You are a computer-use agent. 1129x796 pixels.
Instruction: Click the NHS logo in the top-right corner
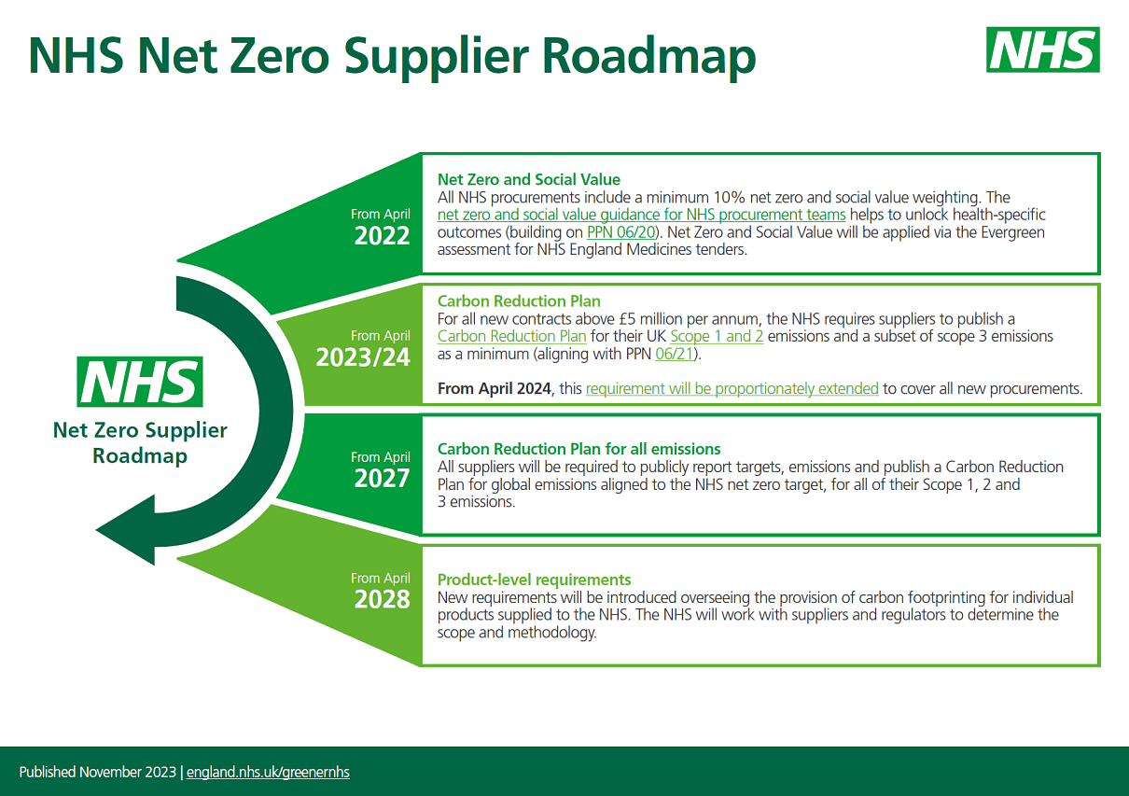1043,49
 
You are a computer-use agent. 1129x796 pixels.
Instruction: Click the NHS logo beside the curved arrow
140,382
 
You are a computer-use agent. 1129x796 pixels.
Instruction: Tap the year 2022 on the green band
382,236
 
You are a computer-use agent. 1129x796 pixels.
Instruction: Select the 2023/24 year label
363,357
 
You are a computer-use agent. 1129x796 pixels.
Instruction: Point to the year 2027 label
382,479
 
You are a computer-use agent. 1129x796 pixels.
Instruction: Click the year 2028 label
382,599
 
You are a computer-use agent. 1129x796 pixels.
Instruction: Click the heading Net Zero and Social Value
529,179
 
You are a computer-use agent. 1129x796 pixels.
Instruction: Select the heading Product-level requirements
534,580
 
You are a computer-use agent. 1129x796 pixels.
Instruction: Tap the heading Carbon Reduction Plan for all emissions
578,449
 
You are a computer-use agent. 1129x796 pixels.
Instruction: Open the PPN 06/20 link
621,232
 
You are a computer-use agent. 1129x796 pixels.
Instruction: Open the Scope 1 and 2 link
717,336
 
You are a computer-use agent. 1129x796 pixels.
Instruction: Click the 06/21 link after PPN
675,354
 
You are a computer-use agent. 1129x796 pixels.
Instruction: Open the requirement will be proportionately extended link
732,389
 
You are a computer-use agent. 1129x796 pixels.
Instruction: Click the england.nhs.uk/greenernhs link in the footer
268,773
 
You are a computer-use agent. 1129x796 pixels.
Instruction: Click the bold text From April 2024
494,389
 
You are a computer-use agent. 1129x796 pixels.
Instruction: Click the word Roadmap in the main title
648,57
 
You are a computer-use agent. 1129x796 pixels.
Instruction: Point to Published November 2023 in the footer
98,773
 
